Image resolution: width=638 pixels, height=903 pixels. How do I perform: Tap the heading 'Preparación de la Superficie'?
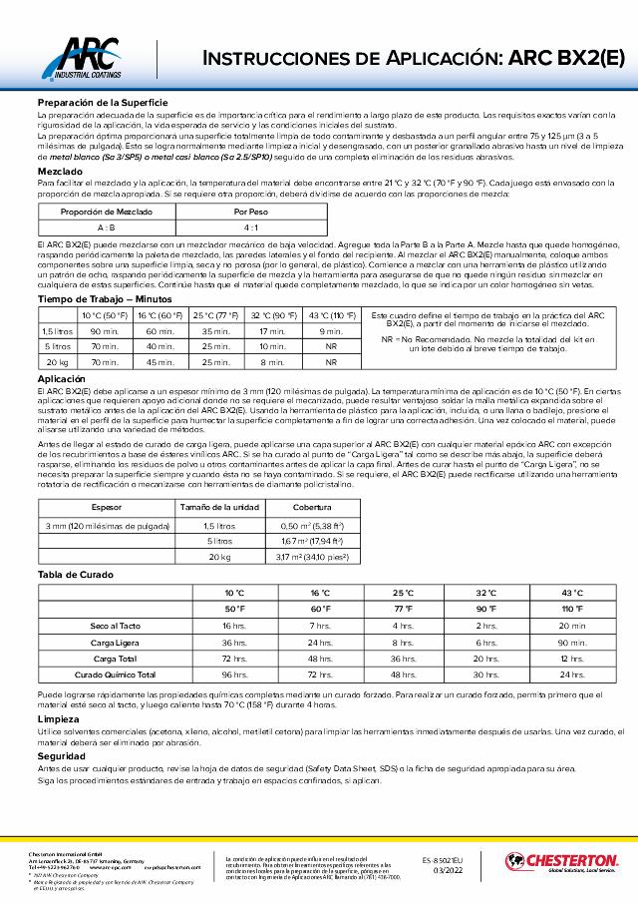(x=103, y=103)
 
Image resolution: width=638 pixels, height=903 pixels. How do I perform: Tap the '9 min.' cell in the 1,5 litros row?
(x=331, y=330)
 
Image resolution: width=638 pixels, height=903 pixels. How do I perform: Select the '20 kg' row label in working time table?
(x=57, y=362)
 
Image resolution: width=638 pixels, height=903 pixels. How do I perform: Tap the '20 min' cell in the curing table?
(x=573, y=626)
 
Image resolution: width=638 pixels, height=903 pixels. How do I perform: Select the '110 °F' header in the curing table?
(x=573, y=609)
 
